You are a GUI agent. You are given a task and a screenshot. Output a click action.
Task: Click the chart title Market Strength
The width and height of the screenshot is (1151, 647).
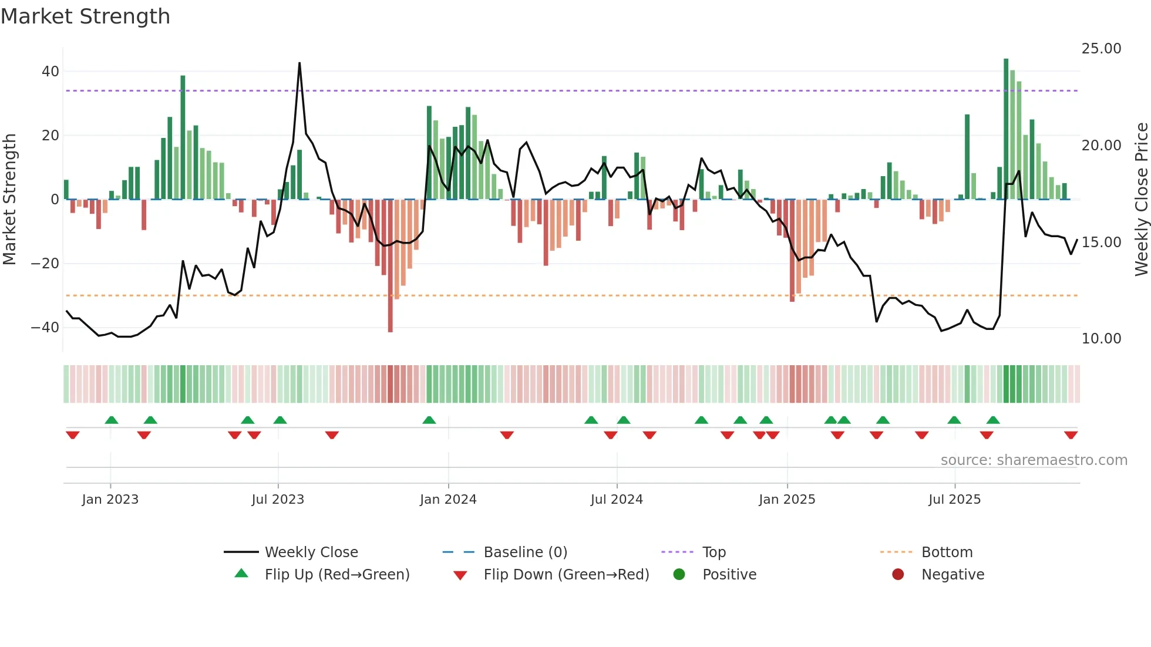85,16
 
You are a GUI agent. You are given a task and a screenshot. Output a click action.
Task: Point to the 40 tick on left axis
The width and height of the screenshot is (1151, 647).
51,72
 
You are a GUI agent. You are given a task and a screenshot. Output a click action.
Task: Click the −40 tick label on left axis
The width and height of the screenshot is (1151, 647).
45,328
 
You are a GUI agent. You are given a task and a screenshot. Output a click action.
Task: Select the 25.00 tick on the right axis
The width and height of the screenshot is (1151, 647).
1101,49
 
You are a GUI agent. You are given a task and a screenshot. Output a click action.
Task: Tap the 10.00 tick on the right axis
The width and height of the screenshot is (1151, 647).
1101,339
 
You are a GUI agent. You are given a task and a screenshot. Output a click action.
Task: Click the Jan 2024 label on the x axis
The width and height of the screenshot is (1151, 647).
448,500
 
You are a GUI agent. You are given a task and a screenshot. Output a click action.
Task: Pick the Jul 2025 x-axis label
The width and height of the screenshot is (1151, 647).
954,500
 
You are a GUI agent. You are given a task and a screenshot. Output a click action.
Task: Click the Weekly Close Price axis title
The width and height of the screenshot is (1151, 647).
1141,200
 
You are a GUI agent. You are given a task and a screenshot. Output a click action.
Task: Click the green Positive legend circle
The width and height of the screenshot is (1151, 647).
679,574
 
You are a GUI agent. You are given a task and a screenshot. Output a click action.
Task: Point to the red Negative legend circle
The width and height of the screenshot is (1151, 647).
898,574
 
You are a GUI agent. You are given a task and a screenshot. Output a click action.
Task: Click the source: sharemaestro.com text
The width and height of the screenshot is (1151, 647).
1034,460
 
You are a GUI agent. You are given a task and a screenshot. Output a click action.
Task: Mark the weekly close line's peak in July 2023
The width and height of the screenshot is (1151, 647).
299,63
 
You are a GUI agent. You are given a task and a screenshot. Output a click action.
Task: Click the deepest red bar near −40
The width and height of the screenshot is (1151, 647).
391,265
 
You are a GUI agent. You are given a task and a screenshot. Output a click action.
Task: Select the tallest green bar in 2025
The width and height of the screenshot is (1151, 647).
1006,129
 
